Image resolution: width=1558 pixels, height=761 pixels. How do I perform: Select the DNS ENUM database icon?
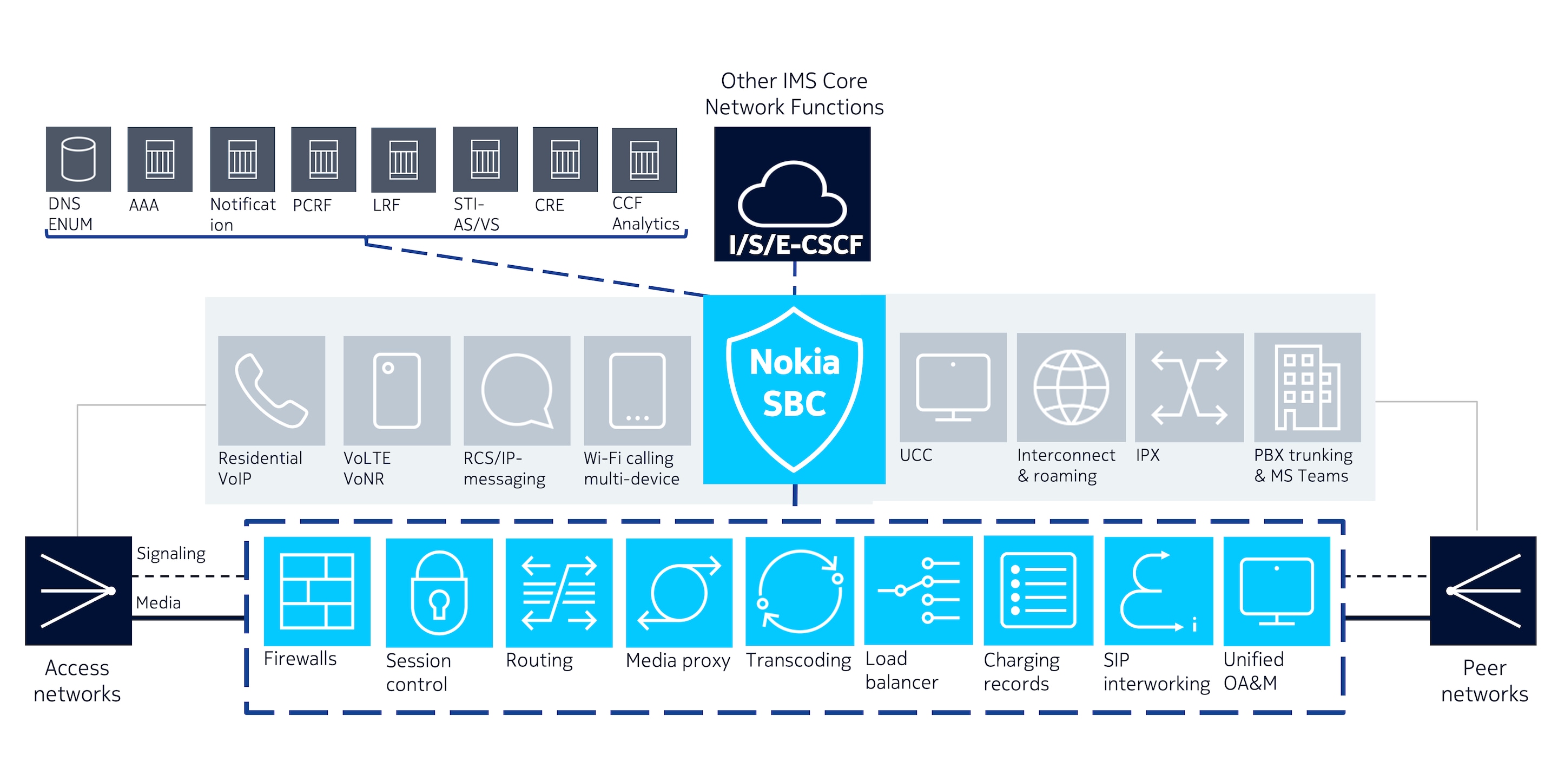[78, 159]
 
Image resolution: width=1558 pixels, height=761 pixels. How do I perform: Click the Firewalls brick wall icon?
[317, 591]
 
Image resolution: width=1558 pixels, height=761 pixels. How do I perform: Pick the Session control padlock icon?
[439, 592]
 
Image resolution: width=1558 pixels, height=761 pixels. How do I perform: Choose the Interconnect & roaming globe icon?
[1071, 388]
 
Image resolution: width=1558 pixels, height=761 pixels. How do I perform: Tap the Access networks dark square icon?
[78, 591]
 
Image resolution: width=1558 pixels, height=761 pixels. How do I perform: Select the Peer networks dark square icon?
[1483, 591]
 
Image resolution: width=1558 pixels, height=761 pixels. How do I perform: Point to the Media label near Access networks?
[159, 602]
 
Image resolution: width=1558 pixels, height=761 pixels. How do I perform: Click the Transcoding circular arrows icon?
[800, 591]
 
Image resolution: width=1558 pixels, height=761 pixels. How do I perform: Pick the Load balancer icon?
[919, 591]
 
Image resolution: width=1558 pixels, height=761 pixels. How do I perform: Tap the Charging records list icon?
[1039, 591]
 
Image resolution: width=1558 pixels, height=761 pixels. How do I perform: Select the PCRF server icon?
[324, 160]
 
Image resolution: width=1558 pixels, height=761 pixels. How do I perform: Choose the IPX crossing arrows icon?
[1190, 388]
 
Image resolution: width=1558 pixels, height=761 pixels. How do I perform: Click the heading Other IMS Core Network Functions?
[794, 94]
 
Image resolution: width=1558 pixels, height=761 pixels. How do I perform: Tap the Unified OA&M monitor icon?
[1277, 591]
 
